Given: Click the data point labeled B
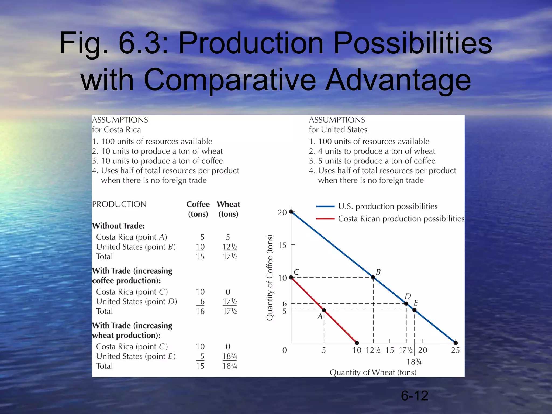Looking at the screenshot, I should click(x=373, y=277).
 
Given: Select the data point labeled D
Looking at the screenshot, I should click(x=406, y=304).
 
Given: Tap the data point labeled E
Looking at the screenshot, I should click(x=415, y=310).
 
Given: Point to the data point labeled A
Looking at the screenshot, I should click(x=324, y=310).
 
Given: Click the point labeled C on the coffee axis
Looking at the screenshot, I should click(x=291, y=277).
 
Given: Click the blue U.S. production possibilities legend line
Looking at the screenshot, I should click(x=325, y=207).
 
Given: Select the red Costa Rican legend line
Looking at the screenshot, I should click(x=325, y=219).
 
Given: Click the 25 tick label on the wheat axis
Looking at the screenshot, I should click(x=455, y=350).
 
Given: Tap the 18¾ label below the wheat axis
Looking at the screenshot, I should click(x=414, y=362).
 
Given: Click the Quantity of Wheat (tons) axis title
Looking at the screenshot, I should click(x=373, y=372).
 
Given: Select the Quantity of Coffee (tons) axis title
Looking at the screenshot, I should click(x=270, y=278).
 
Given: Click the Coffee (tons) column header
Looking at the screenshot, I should click(x=198, y=209).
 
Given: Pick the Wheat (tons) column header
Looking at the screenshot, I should click(x=228, y=209).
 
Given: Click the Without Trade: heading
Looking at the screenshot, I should click(x=119, y=226).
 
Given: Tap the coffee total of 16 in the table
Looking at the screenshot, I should click(x=200, y=311).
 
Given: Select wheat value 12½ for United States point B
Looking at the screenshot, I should click(x=229, y=247).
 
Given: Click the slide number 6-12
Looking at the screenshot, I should click(x=414, y=396).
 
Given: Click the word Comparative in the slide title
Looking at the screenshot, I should click(x=230, y=80).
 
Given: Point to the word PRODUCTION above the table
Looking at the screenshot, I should click(x=119, y=204).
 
